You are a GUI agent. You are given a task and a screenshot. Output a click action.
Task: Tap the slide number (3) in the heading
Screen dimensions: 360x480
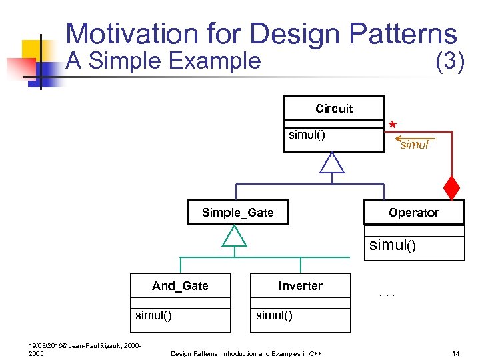click(x=449, y=62)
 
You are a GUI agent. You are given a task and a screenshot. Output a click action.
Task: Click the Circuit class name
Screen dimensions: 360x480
click(x=334, y=109)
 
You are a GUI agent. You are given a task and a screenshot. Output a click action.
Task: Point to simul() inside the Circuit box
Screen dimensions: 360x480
click(x=307, y=135)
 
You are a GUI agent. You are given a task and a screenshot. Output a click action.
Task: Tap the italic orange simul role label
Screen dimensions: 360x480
click(x=414, y=145)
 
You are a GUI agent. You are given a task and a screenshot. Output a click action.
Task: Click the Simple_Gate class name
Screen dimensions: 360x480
click(x=237, y=213)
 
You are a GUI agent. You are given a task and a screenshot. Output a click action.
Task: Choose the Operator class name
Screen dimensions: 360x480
click(x=414, y=213)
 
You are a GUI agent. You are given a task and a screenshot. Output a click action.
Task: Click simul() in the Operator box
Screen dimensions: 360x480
click(x=393, y=245)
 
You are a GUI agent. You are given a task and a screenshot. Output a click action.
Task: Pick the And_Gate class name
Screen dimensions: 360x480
click(x=180, y=286)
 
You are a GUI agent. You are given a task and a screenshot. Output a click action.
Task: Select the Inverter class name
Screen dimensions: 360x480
click(x=300, y=286)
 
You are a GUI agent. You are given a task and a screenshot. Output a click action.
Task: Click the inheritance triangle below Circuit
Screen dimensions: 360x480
click(x=332, y=163)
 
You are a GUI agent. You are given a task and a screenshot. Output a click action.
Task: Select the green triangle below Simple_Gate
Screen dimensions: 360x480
click(x=234, y=235)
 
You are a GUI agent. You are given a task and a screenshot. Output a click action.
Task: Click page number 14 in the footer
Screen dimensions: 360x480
click(x=455, y=353)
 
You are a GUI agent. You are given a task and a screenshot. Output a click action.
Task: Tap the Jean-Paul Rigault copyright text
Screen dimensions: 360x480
click(x=83, y=345)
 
